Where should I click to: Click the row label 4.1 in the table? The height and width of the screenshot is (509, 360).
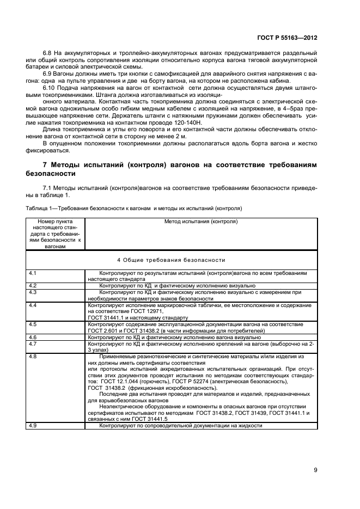point(32,272)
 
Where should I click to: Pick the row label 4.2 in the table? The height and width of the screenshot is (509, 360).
point(32,285)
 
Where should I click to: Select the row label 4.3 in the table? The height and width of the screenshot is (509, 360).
point(32,292)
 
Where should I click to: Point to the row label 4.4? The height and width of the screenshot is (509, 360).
point(32,305)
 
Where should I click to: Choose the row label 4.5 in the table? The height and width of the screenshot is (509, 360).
point(32,324)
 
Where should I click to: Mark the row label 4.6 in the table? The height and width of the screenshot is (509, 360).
point(32,338)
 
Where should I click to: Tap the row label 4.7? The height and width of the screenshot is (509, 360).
point(32,344)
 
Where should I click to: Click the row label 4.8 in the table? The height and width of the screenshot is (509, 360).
point(32,357)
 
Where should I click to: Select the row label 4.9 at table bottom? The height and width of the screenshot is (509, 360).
point(32,425)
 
